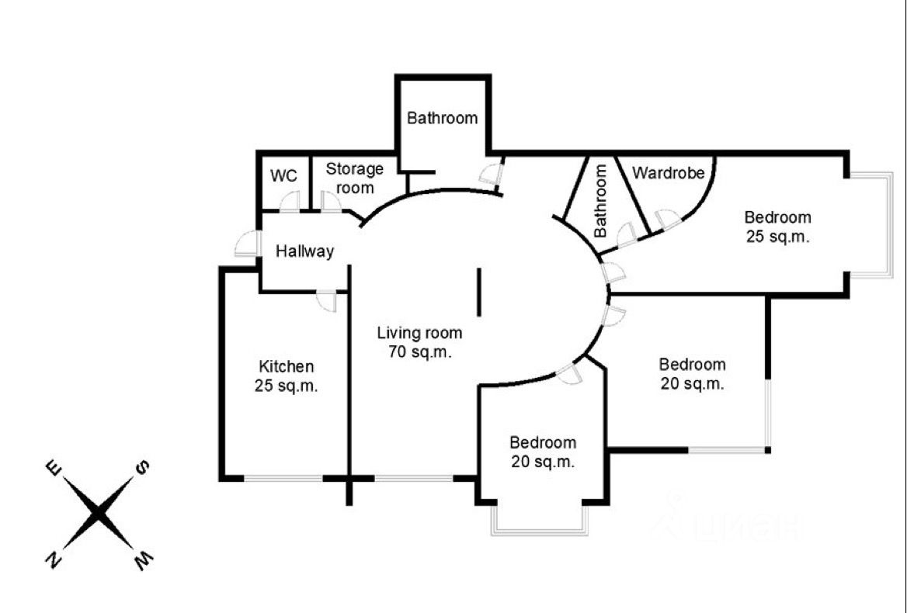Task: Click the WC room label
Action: [283, 175]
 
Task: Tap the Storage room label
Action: [355, 178]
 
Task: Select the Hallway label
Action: [305, 251]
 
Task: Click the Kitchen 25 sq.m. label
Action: [287, 376]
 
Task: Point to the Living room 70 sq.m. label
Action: [420, 342]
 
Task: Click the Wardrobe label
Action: [668, 173]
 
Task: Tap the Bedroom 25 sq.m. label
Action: [777, 227]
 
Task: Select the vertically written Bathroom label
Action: [601, 200]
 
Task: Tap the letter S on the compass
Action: [141, 467]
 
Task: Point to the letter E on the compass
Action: [54, 467]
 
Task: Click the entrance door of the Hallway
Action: [247, 244]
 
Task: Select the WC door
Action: [289, 202]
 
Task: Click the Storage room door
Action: [332, 202]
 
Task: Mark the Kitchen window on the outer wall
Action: [283, 479]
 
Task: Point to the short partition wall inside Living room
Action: [478, 292]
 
